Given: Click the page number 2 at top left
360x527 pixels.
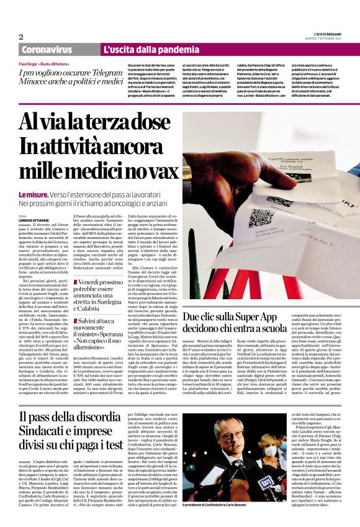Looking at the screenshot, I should click(20, 37).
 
